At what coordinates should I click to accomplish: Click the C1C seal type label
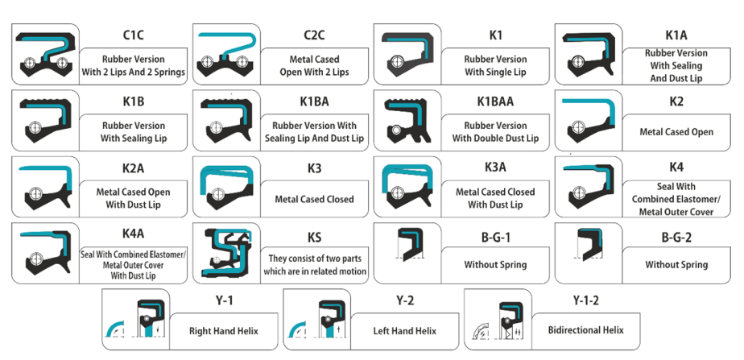134,35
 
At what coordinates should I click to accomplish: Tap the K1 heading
496,35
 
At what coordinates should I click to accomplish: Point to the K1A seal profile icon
588,54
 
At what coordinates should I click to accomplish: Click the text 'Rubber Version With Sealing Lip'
134,131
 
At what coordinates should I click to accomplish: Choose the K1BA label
314,102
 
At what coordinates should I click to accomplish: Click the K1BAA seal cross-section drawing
407,121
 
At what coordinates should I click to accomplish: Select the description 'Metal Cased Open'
677,131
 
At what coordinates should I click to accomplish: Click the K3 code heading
314,169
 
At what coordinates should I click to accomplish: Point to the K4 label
677,167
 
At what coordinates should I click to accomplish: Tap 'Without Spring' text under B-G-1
495,264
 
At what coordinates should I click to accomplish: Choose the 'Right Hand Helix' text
222,330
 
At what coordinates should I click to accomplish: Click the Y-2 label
405,300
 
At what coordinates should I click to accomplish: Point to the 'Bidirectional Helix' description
585,330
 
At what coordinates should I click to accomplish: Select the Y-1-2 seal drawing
499,321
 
